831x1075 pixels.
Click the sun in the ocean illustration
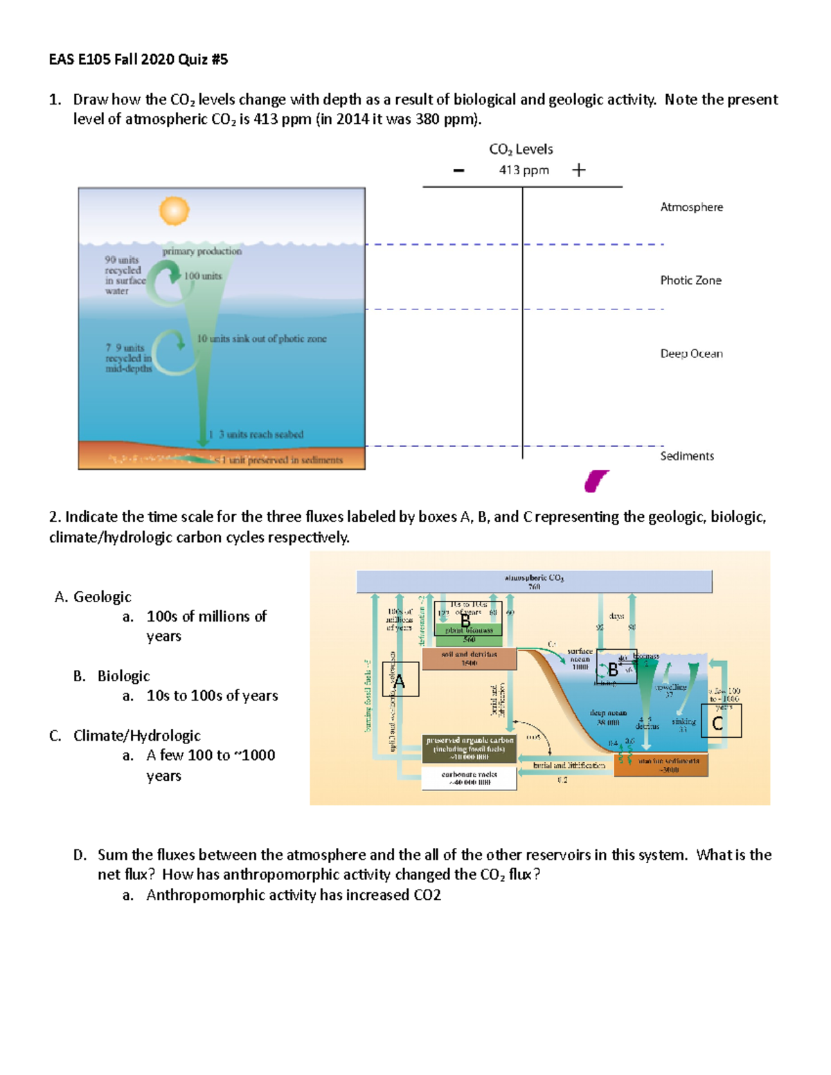(x=174, y=211)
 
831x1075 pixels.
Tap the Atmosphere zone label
(x=691, y=207)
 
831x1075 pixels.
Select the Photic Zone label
(x=690, y=280)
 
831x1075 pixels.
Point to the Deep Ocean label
(x=691, y=354)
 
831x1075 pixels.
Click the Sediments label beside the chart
(x=686, y=456)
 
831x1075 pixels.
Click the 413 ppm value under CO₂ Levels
(x=524, y=170)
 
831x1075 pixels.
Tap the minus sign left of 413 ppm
(x=458, y=170)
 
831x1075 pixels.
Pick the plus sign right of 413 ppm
(x=579, y=170)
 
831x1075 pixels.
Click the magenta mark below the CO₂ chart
(x=596, y=480)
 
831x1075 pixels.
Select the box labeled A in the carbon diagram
(x=400, y=679)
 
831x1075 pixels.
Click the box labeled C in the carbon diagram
(x=721, y=721)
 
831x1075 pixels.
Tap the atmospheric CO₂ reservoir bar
(x=534, y=581)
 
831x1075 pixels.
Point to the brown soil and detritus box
(x=469, y=658)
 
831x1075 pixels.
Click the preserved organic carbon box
(x=470, y=749)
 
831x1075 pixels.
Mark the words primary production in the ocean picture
(x=202, y=251)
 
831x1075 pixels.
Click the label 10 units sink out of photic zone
(x=261, y=338)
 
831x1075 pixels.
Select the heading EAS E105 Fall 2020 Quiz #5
(x=138, y=60)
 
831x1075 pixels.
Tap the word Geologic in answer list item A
(x=102, y=597)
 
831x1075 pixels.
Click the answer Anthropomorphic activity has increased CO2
(x=293, y=895)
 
